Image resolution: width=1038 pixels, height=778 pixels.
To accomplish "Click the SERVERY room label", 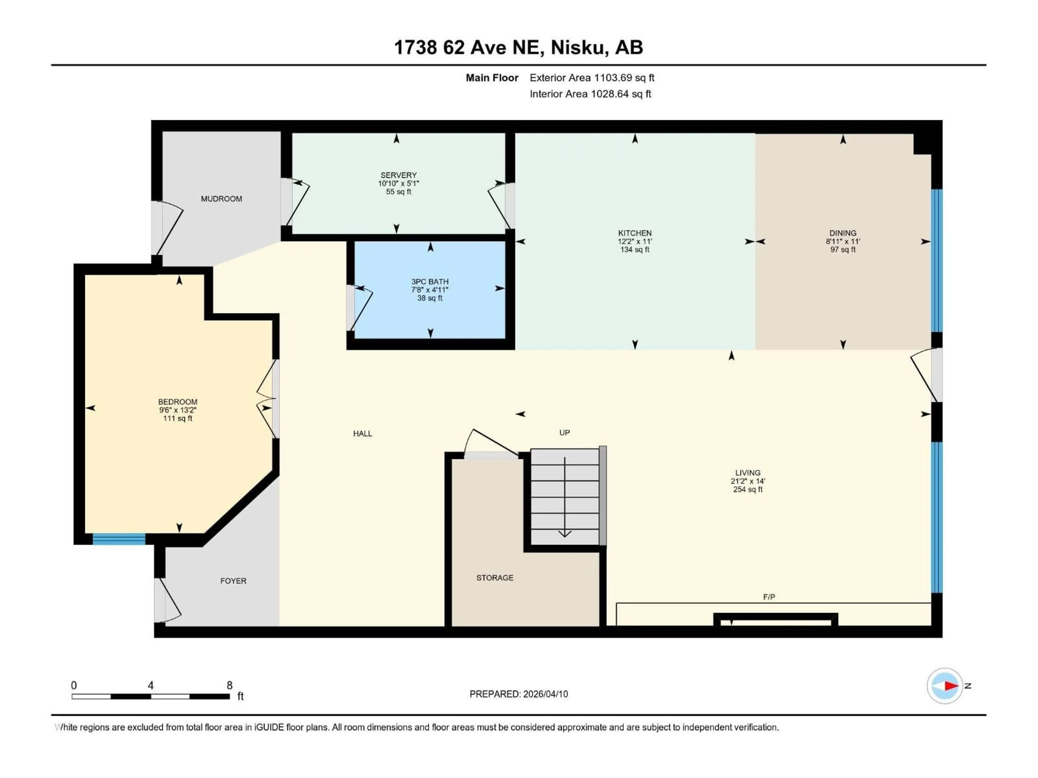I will [398, 175].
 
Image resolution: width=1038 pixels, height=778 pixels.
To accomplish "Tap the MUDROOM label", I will [221, 199].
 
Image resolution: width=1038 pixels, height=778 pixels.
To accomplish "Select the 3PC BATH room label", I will [430, 281].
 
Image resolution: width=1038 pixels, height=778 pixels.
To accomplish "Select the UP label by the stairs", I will [564, 432].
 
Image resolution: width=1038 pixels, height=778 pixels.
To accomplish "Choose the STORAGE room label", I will [495, 578].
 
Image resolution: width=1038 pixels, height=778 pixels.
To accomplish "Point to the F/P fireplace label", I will [769, 597].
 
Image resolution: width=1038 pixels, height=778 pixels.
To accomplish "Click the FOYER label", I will [233, 581].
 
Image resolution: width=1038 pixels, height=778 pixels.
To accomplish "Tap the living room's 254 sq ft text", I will [747, 489].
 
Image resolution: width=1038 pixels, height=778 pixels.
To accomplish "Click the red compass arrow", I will [951, 686].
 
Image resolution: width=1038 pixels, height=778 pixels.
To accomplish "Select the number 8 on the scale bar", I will [229, 685].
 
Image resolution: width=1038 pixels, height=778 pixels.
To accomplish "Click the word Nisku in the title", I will [577, 47].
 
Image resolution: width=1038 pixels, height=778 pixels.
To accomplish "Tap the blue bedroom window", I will [119, 539].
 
